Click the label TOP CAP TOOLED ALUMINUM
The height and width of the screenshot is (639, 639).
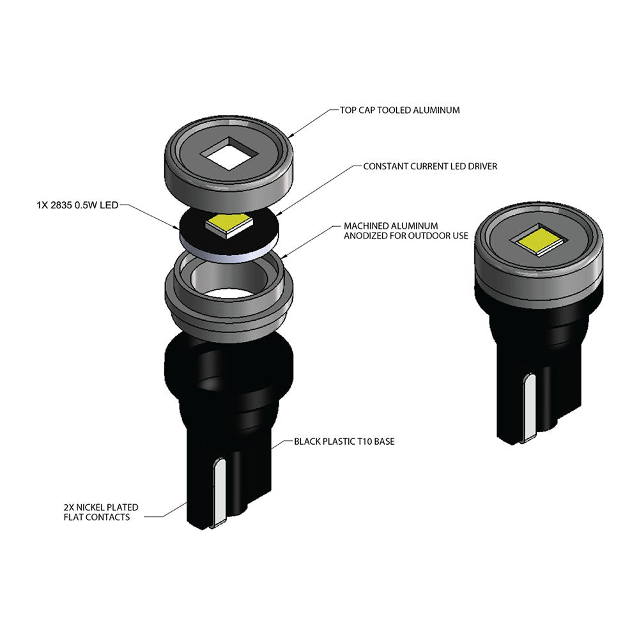pos(400,110)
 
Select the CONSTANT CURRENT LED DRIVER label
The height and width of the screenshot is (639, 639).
pos(430,166)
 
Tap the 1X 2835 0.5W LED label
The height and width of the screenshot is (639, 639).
pos(77,205)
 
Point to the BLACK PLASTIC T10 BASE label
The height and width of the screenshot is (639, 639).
pos(344,442)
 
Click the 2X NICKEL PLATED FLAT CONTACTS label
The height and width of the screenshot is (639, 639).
pos(101,512)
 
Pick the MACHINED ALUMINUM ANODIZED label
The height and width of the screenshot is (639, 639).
pos(406,231)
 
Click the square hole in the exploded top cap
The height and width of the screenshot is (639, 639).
pos(229,153)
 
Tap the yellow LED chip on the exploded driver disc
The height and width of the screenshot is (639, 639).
pos(229,226)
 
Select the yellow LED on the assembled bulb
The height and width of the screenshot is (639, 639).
pos(539,241)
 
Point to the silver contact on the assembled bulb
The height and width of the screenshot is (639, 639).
pos(529,407)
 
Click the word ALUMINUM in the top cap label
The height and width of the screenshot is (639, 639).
pos(436,110)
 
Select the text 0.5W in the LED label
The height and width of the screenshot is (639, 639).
pos(86,205)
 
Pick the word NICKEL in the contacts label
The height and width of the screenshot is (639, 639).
pos(91,507)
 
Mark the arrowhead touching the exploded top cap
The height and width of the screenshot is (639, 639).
pos(291,135)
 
